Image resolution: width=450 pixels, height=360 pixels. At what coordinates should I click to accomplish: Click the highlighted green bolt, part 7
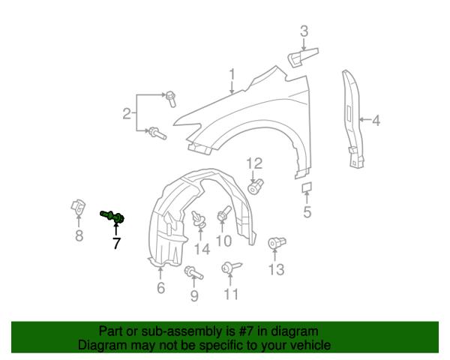click(112, 217)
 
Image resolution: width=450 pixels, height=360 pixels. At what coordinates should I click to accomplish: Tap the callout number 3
click(304, 31)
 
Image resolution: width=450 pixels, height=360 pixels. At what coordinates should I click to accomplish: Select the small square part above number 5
click(307, 187)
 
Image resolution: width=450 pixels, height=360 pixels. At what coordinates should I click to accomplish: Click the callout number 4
click(376, 120)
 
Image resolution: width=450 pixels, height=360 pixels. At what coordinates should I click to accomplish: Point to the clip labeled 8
click(78, 207)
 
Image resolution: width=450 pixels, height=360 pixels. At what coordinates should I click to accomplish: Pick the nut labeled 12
click(256, 186)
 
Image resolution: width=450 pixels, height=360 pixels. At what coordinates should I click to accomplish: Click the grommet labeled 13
click(277, 243)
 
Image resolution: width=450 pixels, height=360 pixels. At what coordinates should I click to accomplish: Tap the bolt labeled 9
click(193, 272)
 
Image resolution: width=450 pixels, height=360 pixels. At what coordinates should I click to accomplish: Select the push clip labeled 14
click(199, 220)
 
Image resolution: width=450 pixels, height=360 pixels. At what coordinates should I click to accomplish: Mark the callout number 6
click(161, 288)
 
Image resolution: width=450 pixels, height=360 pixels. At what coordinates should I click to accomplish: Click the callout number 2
click(127, 114)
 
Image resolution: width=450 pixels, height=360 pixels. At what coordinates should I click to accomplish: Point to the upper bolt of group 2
click(171, 99)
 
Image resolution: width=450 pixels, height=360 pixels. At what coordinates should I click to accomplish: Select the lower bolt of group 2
click(157, 133)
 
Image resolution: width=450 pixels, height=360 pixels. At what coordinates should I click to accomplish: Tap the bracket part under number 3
click(303, 57)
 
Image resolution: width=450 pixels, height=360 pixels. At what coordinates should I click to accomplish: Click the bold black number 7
click(116, 243)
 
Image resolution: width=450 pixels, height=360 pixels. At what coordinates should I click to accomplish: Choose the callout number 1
click(232, 74)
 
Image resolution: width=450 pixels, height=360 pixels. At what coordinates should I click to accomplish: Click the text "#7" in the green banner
click(246, 331)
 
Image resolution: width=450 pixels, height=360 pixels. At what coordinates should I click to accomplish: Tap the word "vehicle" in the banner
click(310, 345)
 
